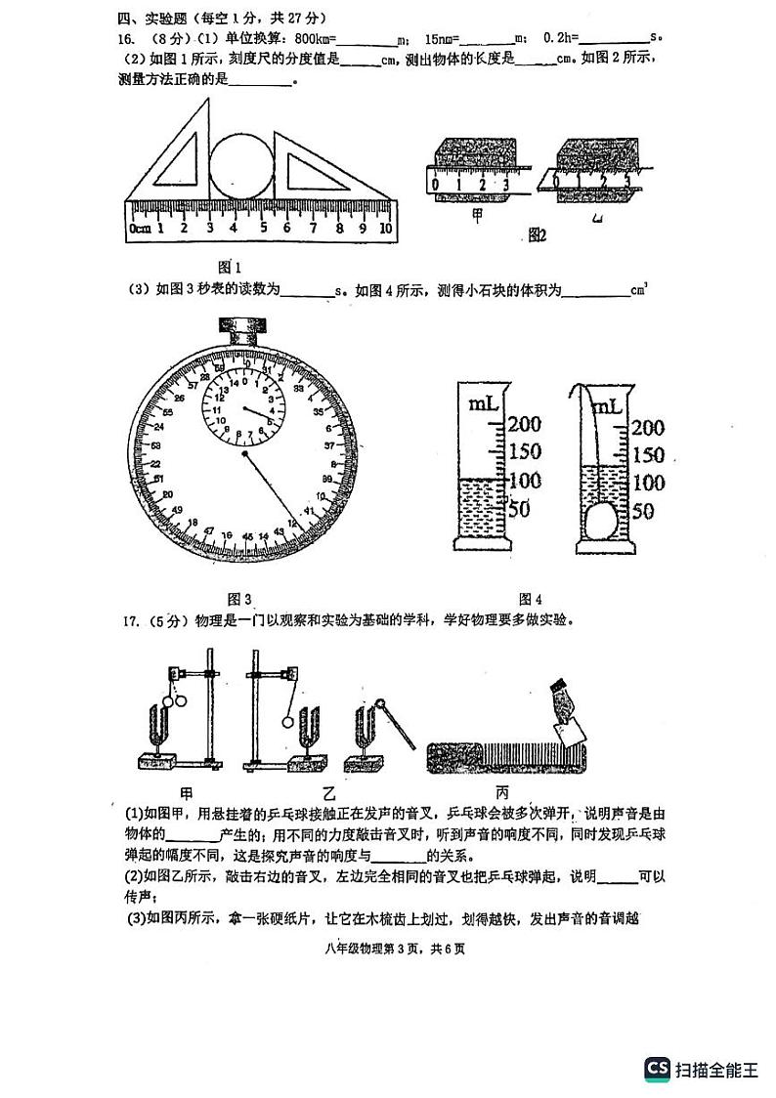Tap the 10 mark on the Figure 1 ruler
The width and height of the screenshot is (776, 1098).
385,228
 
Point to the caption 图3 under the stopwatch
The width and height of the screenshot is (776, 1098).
239,599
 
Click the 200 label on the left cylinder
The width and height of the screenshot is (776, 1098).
523,425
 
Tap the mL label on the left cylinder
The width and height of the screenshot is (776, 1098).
484,402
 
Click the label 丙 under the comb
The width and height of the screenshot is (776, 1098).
502,791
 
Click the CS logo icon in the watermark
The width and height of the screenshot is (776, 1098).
657,1069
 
